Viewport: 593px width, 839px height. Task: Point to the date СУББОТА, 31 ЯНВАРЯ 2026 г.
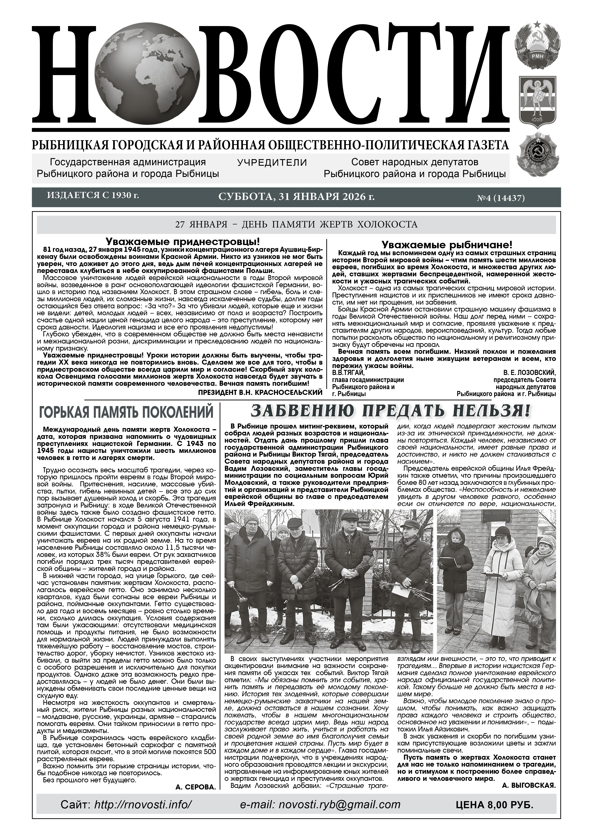[x=296, y=197]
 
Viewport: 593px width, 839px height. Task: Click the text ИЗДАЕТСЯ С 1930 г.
[x=93, y=196]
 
